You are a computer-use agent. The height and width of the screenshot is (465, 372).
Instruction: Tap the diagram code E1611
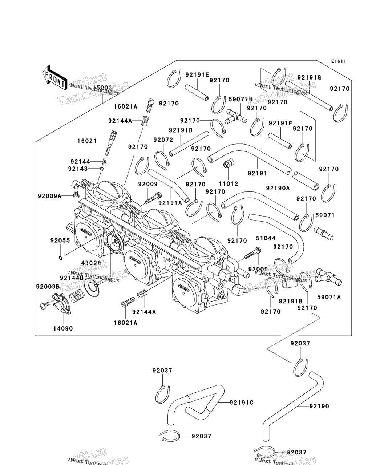pyautogui.click(x=338, y=61)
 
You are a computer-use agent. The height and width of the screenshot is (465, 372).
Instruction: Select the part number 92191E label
pyautogui.click(x=197, y=75)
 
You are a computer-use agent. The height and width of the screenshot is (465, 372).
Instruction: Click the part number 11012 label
pyautogui.click(x=228, y=184)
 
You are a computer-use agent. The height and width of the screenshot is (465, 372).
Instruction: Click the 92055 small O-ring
pyautogui.click(x=60, y=258)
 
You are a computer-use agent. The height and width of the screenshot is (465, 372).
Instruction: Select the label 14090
pyautogui.click(x=63, y=329)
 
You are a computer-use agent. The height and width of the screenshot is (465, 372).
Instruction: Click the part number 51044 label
pyautogui.click(x=266, y=238)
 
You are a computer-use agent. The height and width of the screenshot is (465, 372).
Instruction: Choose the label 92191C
pyautogui.click(x=242, y=403)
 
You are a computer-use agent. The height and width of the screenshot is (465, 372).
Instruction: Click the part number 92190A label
pyautogui.click(x=278, y=188)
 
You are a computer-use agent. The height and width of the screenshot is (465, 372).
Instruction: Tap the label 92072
pyautogui.click(x=163, y=140)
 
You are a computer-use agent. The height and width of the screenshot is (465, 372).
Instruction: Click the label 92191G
pyautogui.click(x=309, y=77)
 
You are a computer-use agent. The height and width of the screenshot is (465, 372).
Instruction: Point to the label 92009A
pyautogui.click(x=49, y=196)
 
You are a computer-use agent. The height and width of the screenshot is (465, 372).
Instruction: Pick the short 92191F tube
pyautogui.click(x=280, y=141)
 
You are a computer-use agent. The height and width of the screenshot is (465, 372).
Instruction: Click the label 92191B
pyautogui.click(x=291, y=301)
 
